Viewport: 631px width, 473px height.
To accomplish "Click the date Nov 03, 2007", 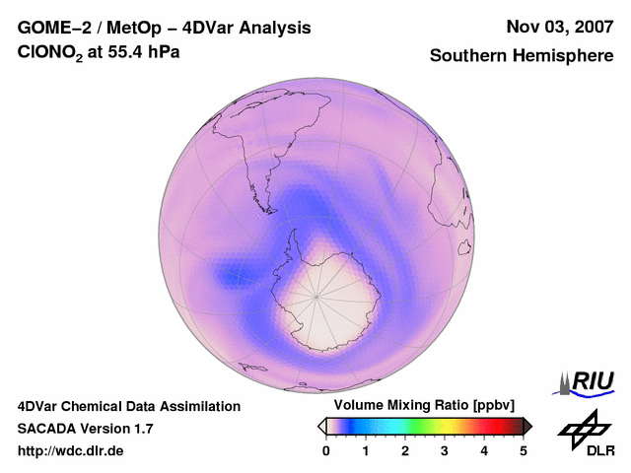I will (558, 27).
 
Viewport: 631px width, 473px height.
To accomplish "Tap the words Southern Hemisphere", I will (522, 56).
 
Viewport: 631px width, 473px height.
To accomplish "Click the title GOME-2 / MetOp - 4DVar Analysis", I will (165, 28).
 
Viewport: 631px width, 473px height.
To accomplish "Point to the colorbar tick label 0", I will (326, 451).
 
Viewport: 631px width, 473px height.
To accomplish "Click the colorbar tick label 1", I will (366, 451).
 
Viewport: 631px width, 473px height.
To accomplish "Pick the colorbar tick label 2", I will (405, 451).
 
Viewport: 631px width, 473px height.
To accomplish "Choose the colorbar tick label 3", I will (445, 451).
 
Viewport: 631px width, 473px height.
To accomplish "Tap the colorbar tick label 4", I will (484, 451).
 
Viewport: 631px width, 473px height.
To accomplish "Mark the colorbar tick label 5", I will (524, 451).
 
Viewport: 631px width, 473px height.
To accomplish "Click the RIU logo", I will (587, 381).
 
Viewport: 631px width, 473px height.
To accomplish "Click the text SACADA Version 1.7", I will (86, 429).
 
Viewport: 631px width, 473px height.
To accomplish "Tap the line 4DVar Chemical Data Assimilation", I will (129, 406).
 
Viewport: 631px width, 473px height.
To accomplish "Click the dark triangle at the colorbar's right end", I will (527, 426).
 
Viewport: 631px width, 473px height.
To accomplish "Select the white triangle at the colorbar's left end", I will (322, 426).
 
